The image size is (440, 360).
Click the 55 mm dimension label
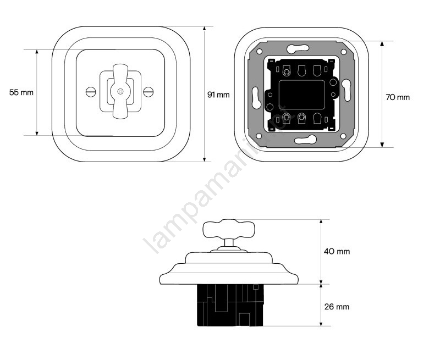[21, 92]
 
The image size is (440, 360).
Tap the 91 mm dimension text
[218, 95]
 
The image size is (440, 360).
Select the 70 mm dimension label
[398, 97]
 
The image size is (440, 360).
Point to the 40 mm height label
[337, 251]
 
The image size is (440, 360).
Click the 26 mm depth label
[337, 307]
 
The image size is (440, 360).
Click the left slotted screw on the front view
[91, 92]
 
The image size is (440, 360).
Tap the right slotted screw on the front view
[148, 92]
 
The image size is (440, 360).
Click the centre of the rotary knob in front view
[120, 91]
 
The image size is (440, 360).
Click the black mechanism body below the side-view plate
[230, 305]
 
